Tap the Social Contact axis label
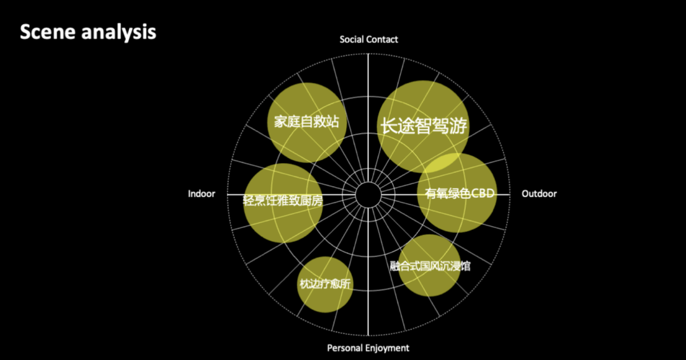[x=368, y=39]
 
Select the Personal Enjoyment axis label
[x=368, y=348]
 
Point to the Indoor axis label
[x=201, y=194]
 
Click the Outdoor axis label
[x=539, y=194]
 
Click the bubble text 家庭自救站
[x=306, y=122]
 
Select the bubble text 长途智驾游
[x=423, y=126]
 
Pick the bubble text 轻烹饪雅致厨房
[x=283, y=201]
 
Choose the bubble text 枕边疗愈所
[x=325, y=284]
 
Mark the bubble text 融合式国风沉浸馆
[x=430, y=266]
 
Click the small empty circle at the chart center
[x=368, y=194]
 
